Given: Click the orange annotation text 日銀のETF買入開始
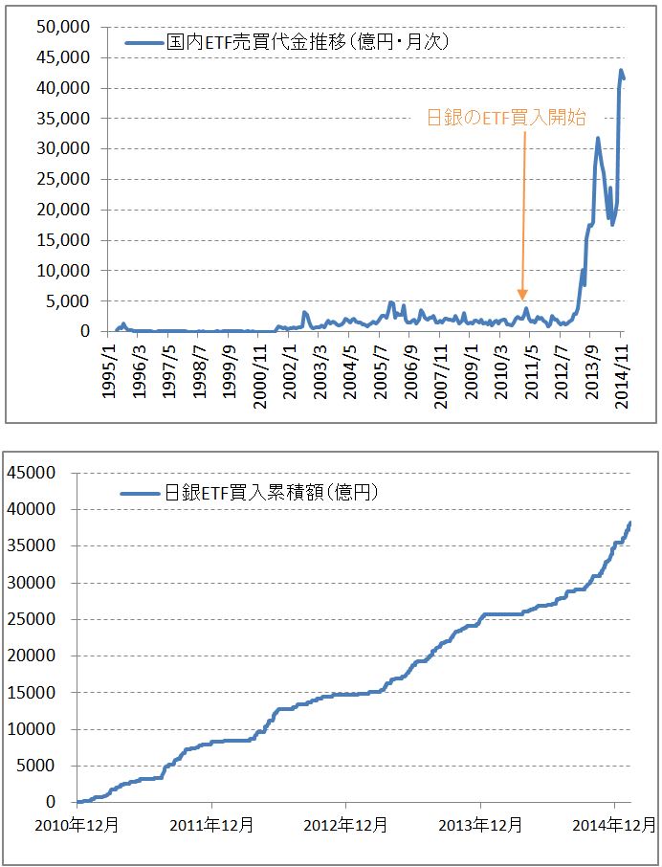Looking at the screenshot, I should pos(506,118).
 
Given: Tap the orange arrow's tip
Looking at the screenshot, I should pos(522,299).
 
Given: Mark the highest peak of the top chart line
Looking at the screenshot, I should pos(621,70).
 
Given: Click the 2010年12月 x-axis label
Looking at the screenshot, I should pos(77,823).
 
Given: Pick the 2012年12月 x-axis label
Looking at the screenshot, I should pos(346,823).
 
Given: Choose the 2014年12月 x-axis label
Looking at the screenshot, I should pos(613,823).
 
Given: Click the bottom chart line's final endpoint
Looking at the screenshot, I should pos(630,522).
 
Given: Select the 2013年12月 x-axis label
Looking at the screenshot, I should pos(480,823).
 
